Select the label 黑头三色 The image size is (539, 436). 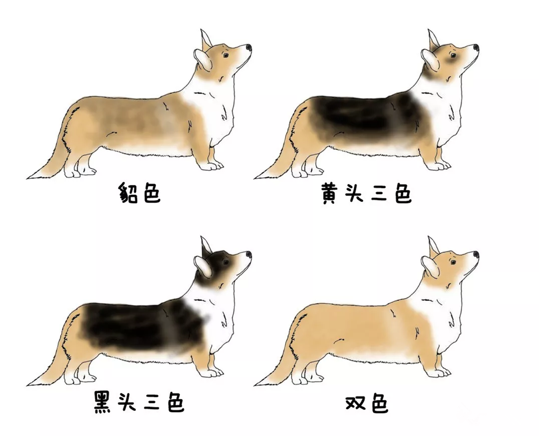(139, 402)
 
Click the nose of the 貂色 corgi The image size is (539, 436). (249, 47)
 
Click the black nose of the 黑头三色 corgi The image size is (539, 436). (249, 255)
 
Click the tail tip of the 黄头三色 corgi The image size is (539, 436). (257, 177)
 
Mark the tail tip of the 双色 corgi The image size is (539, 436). (257, 384)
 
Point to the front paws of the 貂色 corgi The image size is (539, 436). (211, 165)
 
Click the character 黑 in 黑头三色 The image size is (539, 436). (105, 402)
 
